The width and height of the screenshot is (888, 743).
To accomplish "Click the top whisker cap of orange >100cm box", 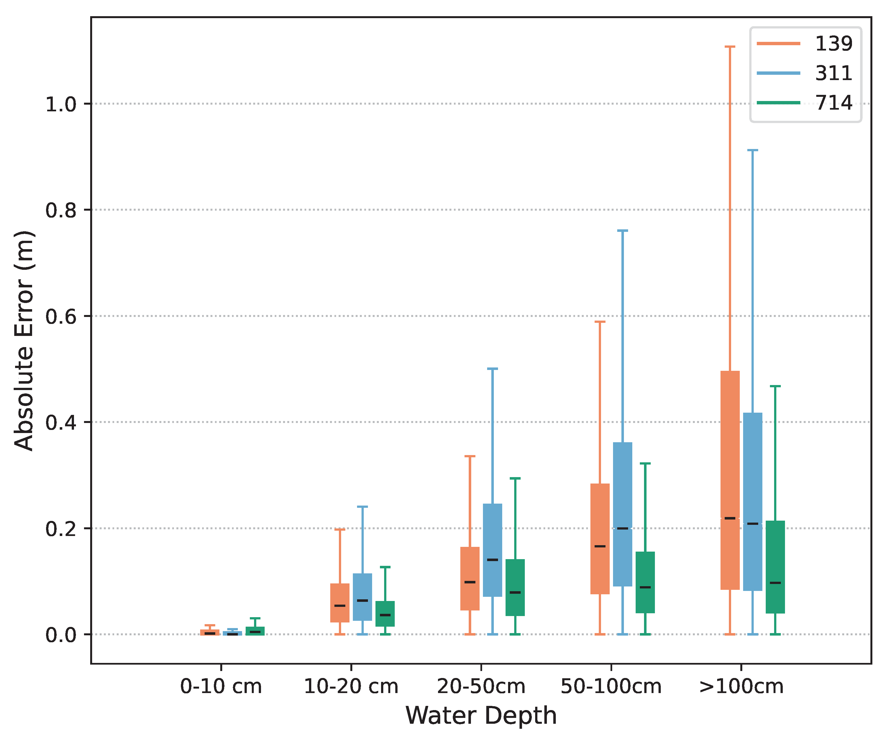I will pos(730,47).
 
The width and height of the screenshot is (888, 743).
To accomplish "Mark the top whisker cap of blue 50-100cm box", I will pos(623,231).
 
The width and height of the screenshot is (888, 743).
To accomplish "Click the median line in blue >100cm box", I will pos(753,524).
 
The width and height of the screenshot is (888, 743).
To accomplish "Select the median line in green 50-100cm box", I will pos(645,587).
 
